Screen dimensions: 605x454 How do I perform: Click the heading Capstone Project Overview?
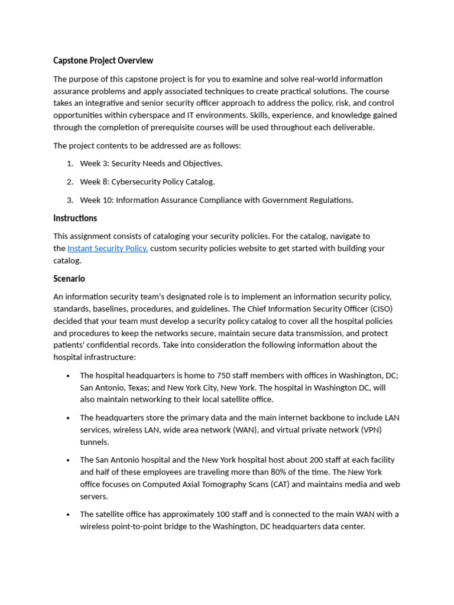pyautogui.click(x=103, y=60)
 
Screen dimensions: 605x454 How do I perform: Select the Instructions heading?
pyautogui.click(x=75, y=218)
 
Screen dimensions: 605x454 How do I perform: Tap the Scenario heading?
pyautogui.click(x=69, y=278)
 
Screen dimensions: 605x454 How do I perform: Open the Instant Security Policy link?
pyautogui.click(x=108, y=248)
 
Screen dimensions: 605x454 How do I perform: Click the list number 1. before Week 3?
pyautogui.click(x=70, y=164)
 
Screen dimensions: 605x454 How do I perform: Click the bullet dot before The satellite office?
pyautogui.click(x=69, y=515)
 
